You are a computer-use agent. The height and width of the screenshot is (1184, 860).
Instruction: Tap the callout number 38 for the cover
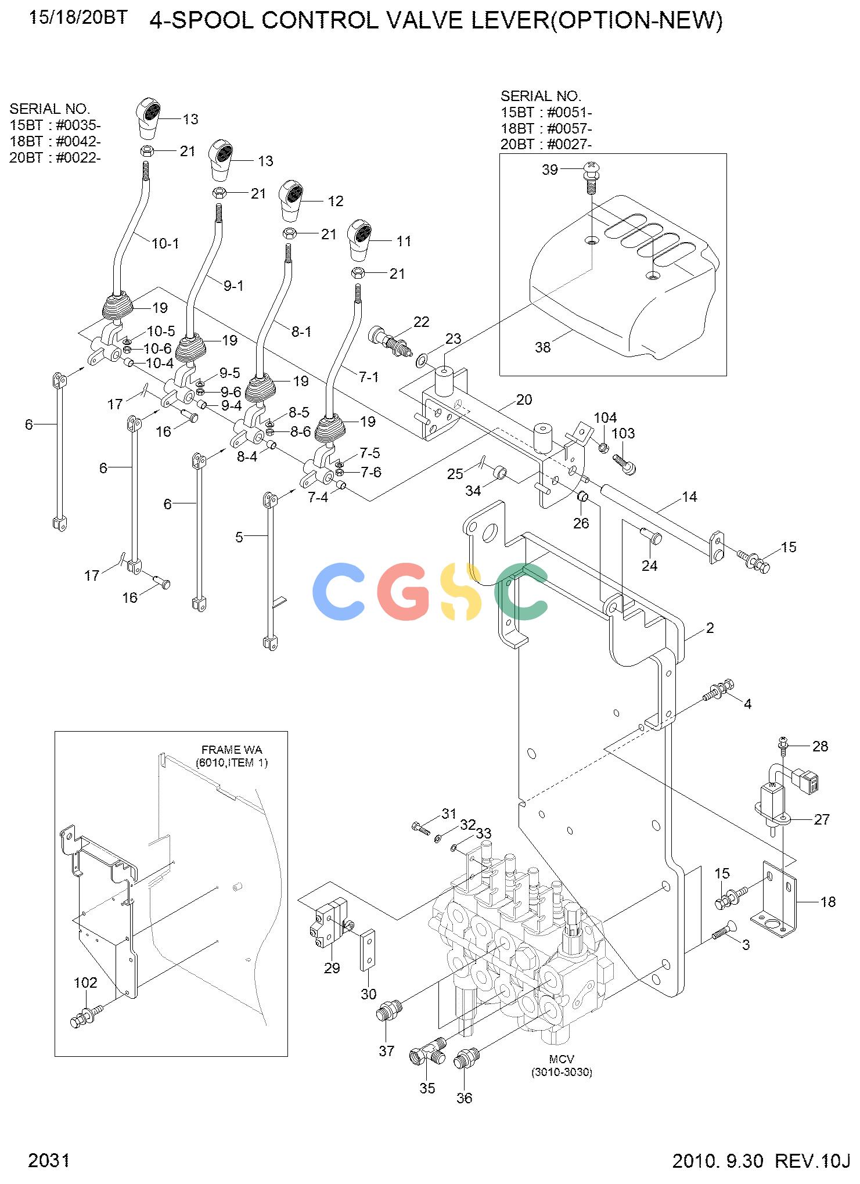pyautogui.click(x=543, y=347)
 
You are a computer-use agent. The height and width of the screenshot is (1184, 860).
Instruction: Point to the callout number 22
pyautogui.click(x=421, y=322)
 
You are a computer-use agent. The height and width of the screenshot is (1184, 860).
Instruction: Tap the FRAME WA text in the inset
pyautogui.click(x=232, y=750)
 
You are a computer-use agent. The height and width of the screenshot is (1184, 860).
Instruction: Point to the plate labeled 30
pyautogui.click(x=368, y=950)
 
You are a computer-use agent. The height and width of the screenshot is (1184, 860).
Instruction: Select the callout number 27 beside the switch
pyautogui.click(x=822, y=819)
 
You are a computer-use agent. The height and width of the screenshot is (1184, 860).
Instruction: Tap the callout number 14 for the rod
pyautogui.click(x=689, y=496)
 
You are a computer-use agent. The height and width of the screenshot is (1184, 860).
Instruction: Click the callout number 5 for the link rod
pyautogui.click(x=239, y=537)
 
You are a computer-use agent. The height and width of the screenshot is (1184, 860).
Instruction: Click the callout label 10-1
pyautogui.click(x=165, y=243)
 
